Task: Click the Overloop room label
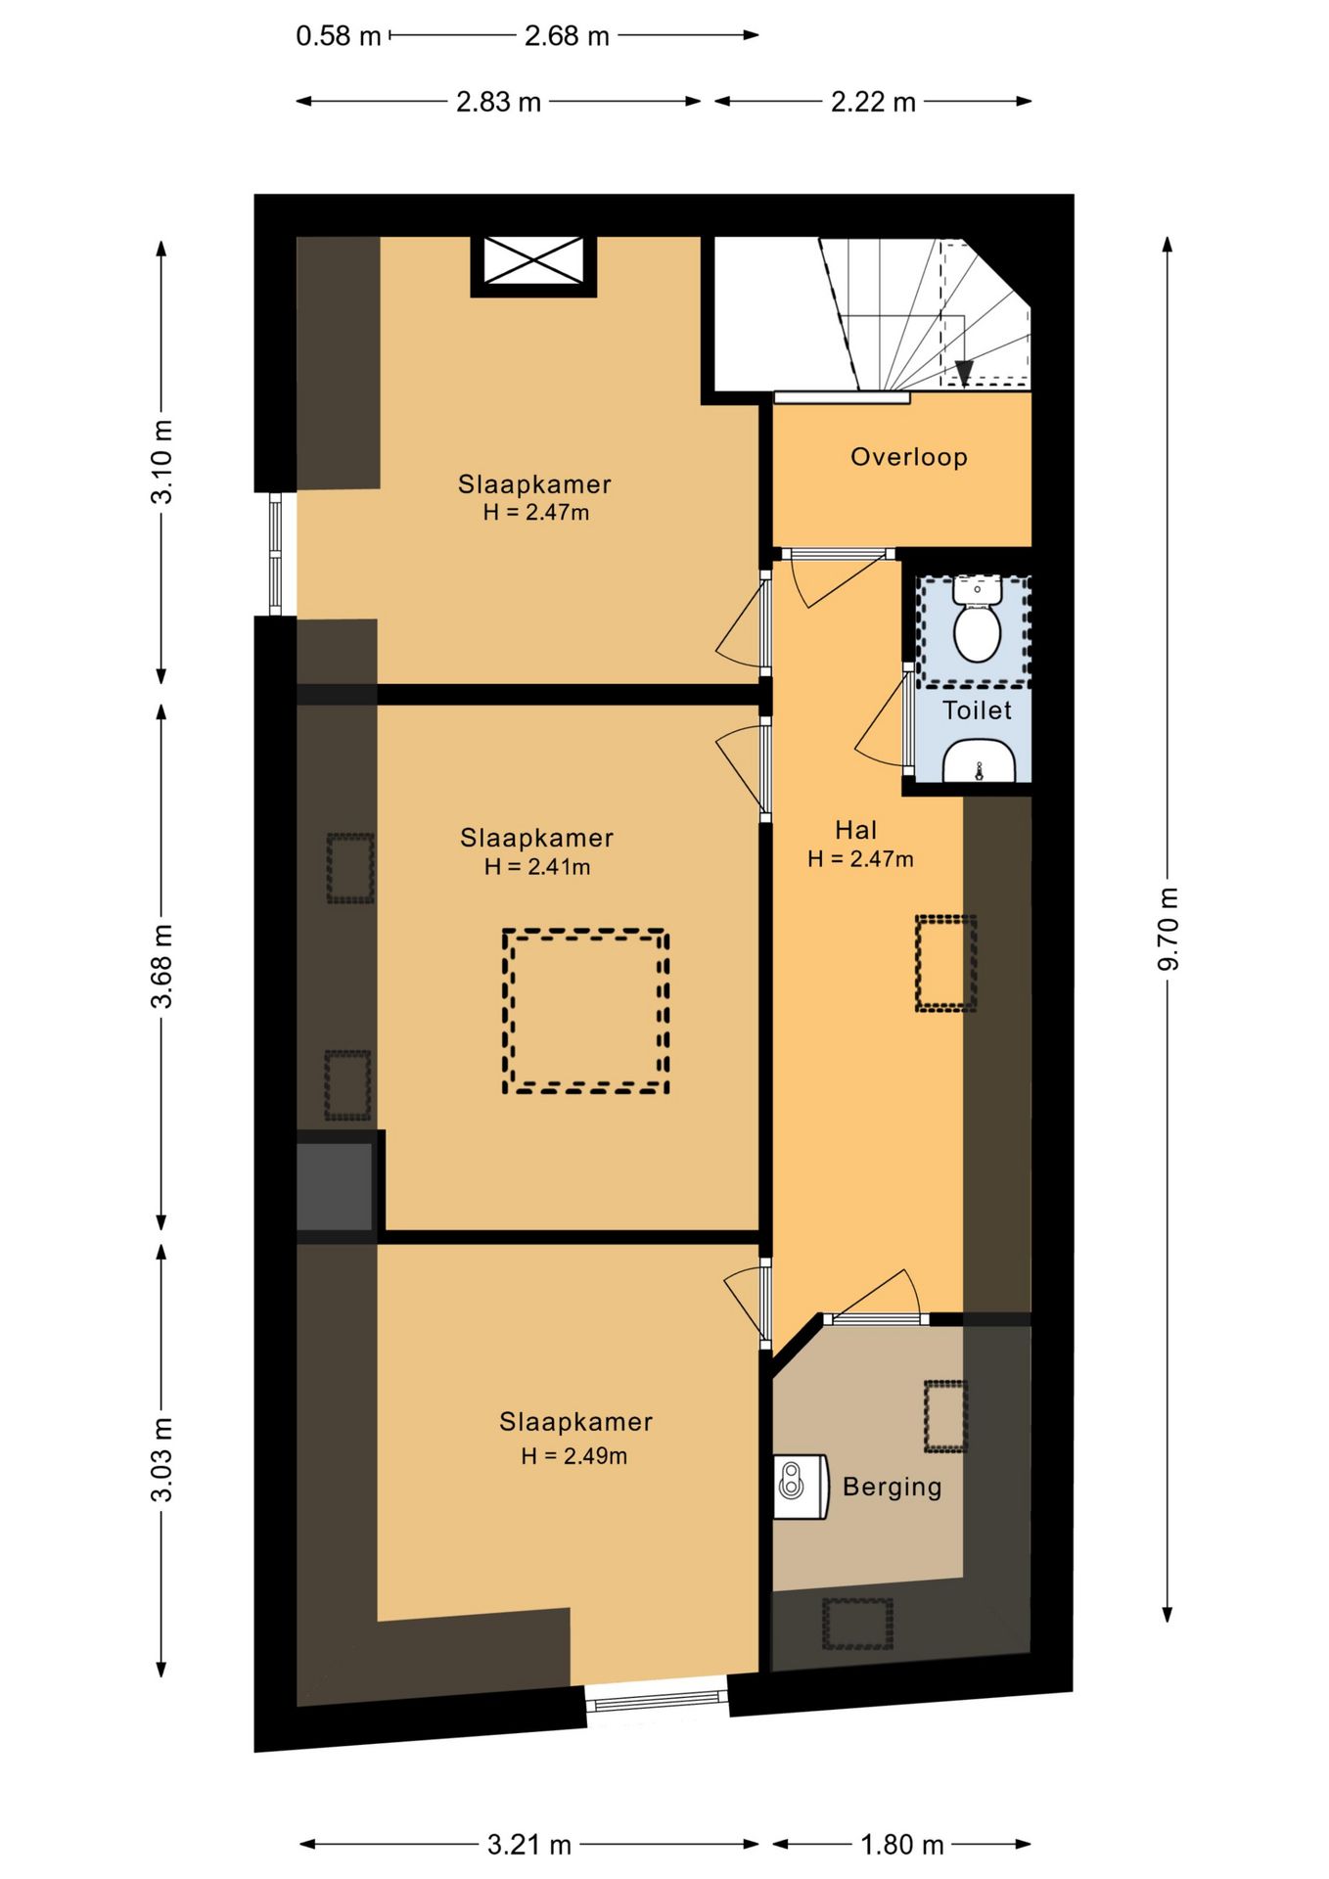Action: click(908, 457)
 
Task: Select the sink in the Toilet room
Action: click(979, 760)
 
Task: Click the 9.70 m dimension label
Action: click(1168, 929)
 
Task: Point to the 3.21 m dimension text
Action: click(529, 1845)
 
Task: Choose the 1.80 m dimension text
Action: click(901, 1845)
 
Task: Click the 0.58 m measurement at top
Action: click(339, 36)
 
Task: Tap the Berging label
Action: click(892, 1487)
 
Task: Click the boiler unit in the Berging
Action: click(802, 1487)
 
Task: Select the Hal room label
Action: click(855, 830)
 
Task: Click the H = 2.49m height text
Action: click(573, 1456)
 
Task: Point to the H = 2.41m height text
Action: click(537, 866)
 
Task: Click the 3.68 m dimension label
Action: click(162, 965)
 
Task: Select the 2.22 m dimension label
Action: click(873, 102)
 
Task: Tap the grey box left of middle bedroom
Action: click(335, 1185)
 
